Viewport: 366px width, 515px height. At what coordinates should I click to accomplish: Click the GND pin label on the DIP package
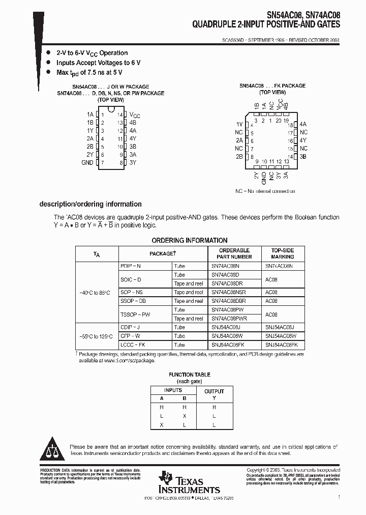click(x=87, y=163)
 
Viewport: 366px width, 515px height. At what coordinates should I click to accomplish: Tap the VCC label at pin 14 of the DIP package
click(x=135, y=116)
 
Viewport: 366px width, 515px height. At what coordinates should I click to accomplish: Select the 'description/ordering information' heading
click(x=90, y=204)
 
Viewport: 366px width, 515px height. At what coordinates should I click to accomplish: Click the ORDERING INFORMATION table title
click(x=190, y=240)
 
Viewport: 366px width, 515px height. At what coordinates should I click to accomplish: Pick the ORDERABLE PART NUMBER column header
click(x=234, y=253)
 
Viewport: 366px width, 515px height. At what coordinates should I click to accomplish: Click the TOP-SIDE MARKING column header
click(x=282, y=253)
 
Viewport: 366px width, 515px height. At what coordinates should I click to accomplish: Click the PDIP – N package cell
click(x=131, y=266)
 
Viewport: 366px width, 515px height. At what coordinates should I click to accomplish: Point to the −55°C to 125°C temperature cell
click(x=97, y=336)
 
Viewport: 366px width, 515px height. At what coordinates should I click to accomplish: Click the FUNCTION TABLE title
click(x=189, y=375)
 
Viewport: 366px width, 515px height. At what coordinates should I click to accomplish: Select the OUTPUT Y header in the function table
click(x=214, y=394)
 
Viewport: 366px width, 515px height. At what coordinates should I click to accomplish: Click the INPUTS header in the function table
click(x=173, y=390)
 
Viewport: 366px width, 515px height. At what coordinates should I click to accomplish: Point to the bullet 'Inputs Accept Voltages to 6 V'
click(x=98, y=63)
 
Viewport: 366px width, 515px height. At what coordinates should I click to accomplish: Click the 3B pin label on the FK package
click(x=303, y=157)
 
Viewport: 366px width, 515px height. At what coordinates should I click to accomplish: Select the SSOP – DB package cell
click(x=132, y=301)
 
